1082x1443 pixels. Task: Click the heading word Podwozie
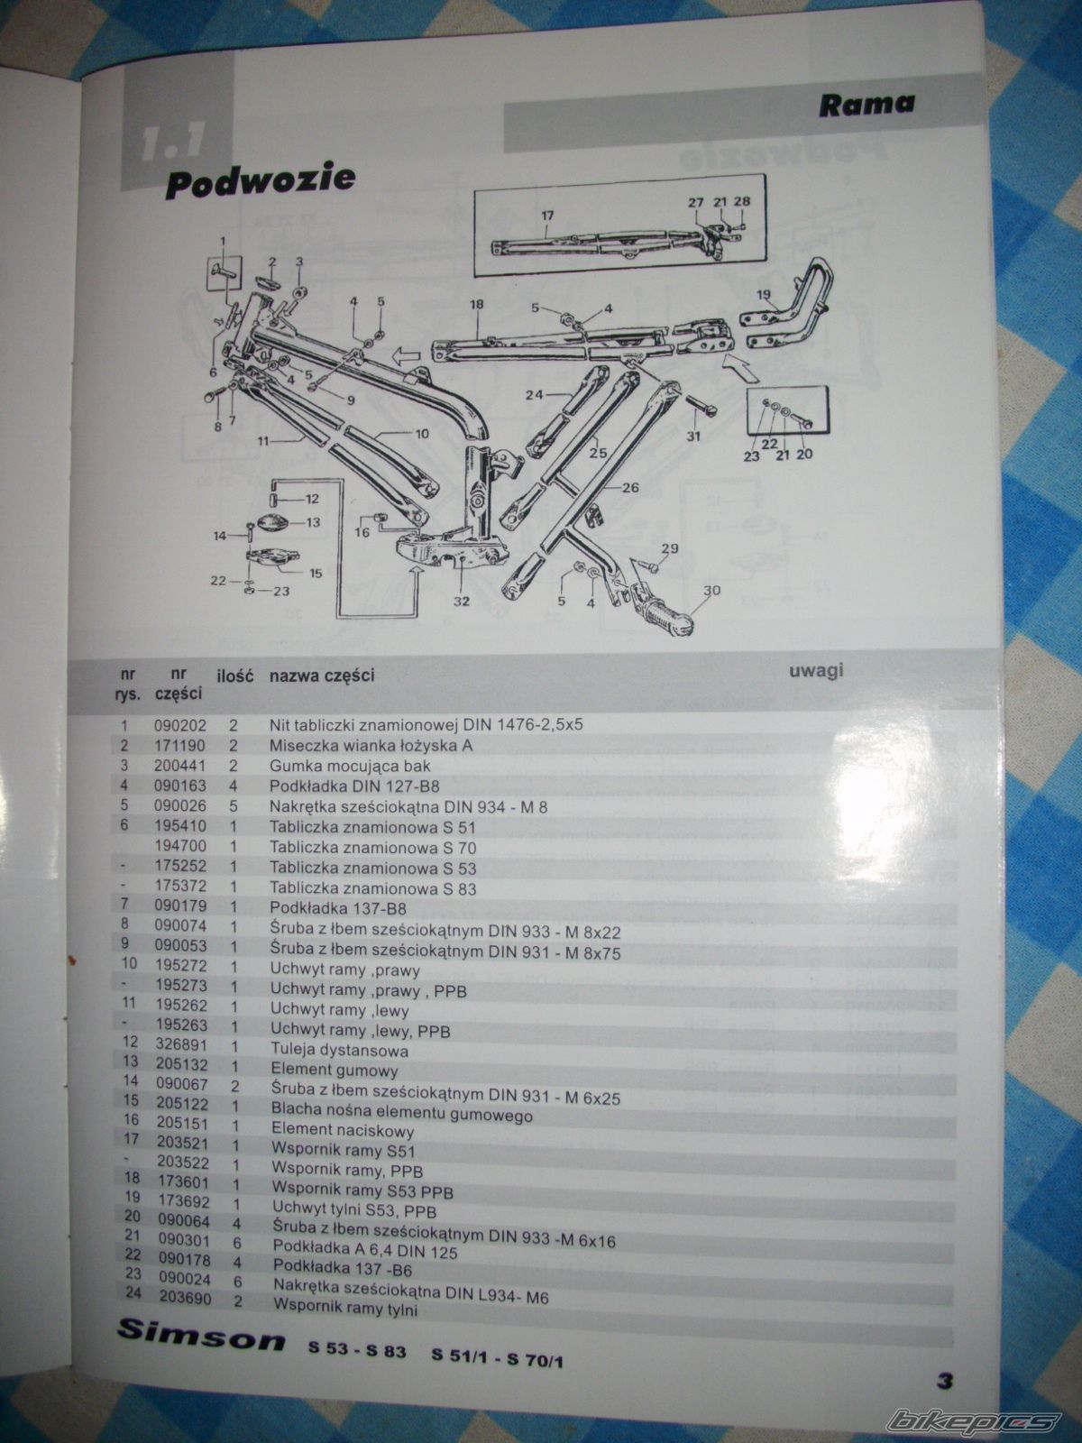[261, 179]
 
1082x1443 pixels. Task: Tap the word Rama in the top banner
[866, 104]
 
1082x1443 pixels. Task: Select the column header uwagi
[815, 671]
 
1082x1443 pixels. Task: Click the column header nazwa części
[322, 676]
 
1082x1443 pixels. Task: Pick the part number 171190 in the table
[179, 746]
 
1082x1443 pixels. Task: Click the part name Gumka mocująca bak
[350, 766]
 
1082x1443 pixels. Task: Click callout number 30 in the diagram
[711, 591]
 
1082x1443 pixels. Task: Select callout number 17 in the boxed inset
[547, 215]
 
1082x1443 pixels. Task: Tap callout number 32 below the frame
[462, 601]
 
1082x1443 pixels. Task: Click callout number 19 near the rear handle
[763, 295]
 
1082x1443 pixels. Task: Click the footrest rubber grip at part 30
[665, 618]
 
